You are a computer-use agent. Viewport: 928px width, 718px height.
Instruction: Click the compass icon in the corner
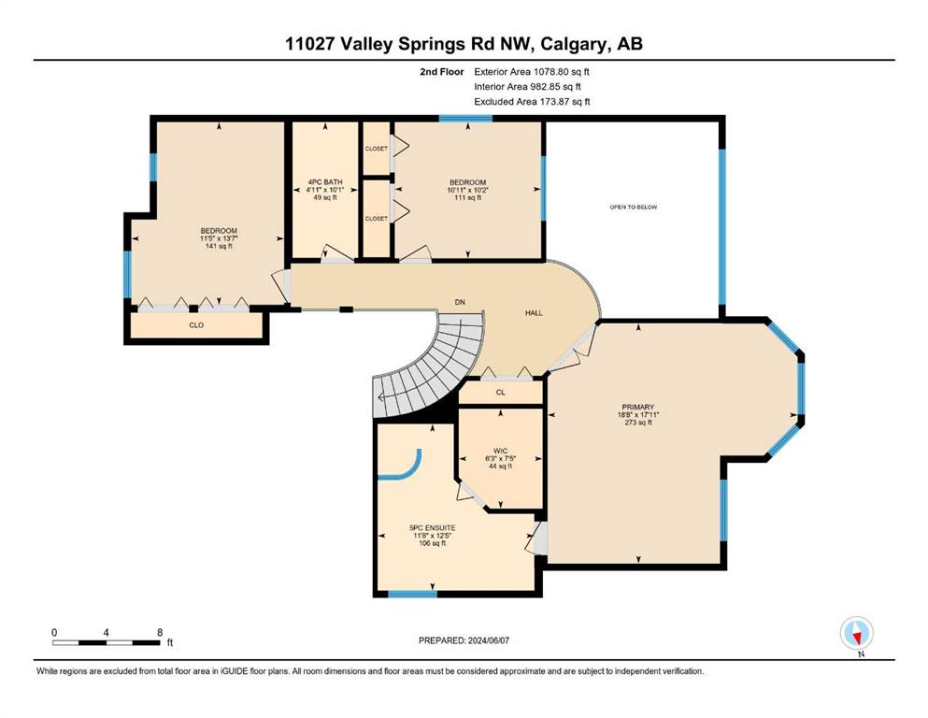click(856, 633)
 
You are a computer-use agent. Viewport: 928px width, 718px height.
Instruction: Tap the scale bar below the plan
click(107, 642)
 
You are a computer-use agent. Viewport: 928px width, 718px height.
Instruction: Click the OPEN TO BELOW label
click(634, 208)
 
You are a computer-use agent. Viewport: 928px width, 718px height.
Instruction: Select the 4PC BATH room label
click(325, 182)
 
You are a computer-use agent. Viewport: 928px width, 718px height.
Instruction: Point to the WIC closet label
click(500, 451)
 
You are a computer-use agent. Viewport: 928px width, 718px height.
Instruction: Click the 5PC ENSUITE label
click(432, 528)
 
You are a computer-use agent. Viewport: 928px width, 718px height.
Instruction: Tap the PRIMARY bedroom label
click(638, 408)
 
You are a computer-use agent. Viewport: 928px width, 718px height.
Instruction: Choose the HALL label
click(534, 313)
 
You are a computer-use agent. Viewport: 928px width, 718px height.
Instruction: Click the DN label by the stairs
click(460, 303)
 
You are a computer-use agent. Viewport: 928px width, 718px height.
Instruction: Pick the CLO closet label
click(196, 325)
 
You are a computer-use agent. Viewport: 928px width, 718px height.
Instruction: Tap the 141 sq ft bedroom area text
click(219, 246)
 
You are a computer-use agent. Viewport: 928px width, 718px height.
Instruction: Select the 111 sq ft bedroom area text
click(467, 197)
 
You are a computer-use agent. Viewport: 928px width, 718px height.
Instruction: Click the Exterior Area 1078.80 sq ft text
click(532, 72)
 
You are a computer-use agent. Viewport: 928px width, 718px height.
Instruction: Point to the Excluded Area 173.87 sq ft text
click(532, 101)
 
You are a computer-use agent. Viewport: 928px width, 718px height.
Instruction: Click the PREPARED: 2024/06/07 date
click(464, 640)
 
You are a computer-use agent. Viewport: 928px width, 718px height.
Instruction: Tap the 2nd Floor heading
click(441, 72)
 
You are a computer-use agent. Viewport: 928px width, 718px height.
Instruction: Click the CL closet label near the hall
click(501, 393)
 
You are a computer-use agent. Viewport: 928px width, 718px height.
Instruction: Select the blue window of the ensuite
click(412, 594)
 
